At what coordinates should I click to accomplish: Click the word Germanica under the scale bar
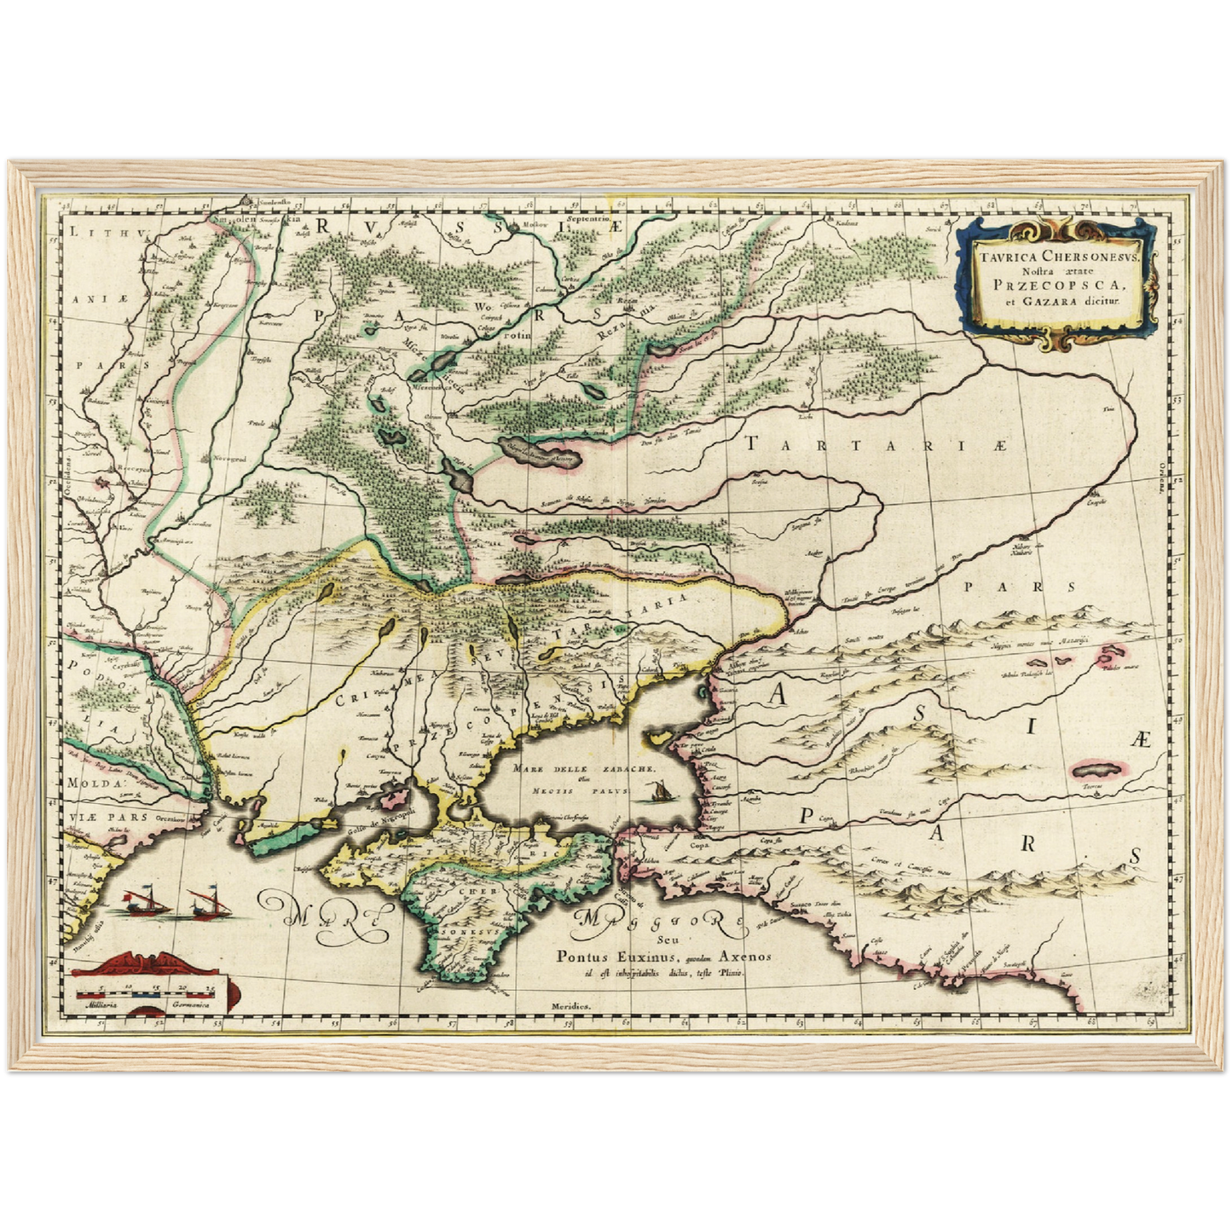tap(190, 1006)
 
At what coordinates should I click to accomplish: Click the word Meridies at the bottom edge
tap(570, 1006)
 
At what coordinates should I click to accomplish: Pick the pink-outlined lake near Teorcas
tap(1096, 769)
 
